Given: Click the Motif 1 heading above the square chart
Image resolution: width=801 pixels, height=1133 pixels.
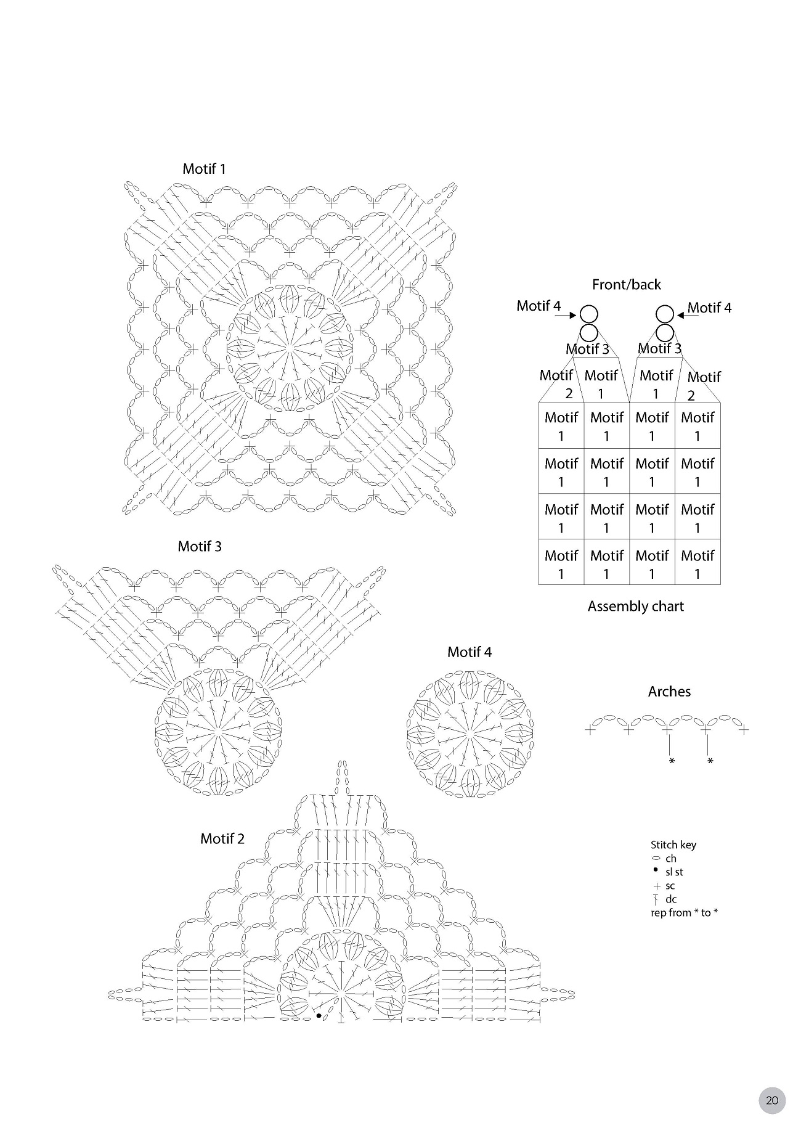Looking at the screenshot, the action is tap(204, 169).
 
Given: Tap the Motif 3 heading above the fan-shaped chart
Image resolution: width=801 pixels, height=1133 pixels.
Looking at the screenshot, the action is tap(200, 546).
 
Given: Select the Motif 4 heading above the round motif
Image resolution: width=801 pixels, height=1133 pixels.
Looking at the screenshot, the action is tap(470, 652).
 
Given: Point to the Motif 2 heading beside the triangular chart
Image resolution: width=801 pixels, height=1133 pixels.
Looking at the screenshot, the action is tap(222, 839).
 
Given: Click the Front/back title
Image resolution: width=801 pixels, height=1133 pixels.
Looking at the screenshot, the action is tap(626, 285).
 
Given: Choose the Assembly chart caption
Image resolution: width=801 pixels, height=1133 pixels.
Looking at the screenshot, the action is tap(635, 607).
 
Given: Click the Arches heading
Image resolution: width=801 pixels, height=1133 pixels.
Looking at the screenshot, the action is tap(669, 692).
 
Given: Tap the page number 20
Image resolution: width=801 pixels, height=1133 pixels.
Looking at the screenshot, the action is tap(772, 1100).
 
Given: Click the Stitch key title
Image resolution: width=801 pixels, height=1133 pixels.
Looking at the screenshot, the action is tap(673, 845).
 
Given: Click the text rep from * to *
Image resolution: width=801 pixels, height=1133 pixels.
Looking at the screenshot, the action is tap(684, 913).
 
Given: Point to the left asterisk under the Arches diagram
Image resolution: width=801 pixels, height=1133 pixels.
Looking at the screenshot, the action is tap(672, 762).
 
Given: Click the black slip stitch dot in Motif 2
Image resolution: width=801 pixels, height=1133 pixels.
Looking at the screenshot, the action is tap(319, 1015).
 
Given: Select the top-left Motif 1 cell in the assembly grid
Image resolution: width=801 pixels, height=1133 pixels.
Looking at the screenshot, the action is tap(561, 426).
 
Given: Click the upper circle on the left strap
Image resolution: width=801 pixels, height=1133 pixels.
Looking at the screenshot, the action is tap(589, 314).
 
